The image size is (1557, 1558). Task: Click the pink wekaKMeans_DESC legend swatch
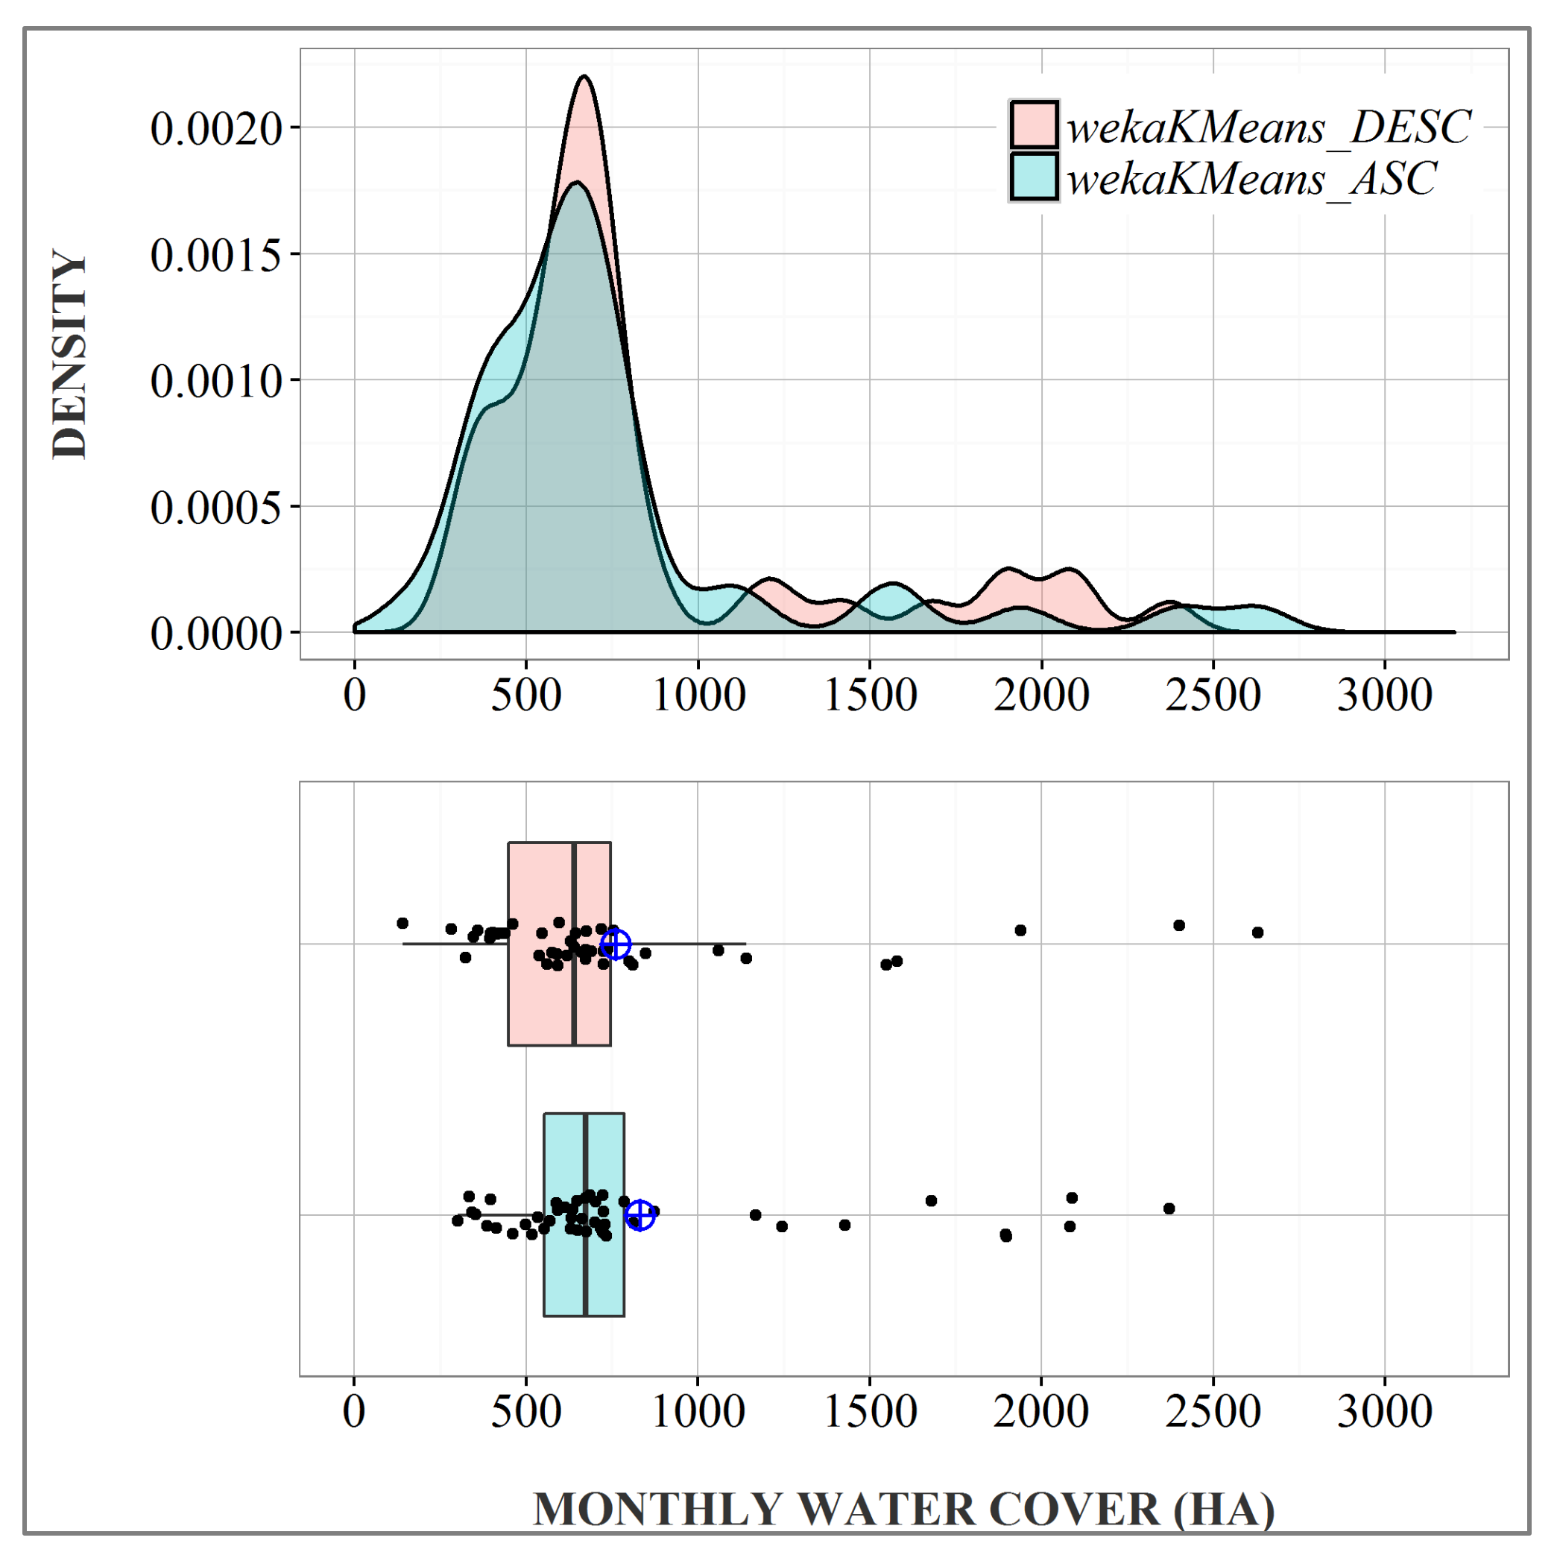tap(1033, 125)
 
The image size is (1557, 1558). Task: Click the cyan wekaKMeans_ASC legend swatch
tap(1033, 176)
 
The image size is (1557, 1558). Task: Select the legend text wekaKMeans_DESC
tap(1269, 127)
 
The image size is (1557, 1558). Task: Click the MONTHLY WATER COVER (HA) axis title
tap(903, 1509)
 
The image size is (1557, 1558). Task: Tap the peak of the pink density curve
tap(584, 77)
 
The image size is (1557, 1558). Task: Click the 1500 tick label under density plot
tap(870, 695)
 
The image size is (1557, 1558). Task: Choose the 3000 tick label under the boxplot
tap(1384, 1412)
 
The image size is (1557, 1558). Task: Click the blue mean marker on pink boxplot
tap(615, 944)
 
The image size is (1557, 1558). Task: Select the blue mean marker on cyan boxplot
tap(640, 1214)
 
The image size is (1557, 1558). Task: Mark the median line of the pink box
tap(573, 944)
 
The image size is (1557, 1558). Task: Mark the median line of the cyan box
tap(585, 1214)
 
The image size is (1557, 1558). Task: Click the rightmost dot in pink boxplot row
tap(1257, 933)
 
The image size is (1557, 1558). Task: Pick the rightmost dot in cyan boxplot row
tap(1169, 1208)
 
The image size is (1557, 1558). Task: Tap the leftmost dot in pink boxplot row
tap(402, 923)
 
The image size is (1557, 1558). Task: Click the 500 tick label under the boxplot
tap(525, 1412)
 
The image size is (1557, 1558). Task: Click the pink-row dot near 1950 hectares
tap(1020, 930)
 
